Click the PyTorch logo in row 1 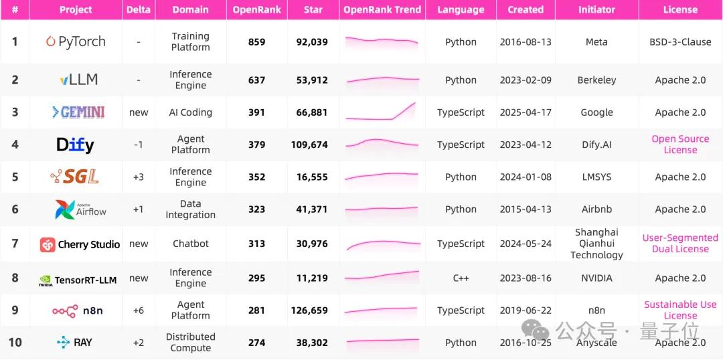(x=76, y=41)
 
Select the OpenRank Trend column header (x=382, y=10)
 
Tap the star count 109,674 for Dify (x=312, y=145)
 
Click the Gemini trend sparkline (x=382, y=112)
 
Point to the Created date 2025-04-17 (x=526, y=112)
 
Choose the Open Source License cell (x=680, y=145)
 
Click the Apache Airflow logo (x=80, y=209)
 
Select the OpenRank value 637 (x=256, y=80)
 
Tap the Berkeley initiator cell (x=596, y=80)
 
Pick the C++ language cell (x=461, y=278)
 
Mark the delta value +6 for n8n (x=139, y=310)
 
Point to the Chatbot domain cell (x=191, y=244)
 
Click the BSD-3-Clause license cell (x=680, y=41)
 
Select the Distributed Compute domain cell (x=191, y=343)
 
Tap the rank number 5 (x=15, y=177)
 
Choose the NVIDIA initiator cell (x=596, y=278)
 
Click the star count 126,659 (x=312, y=310)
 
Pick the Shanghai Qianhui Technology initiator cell (x=596, y=244)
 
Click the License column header (x=680, y=10)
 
